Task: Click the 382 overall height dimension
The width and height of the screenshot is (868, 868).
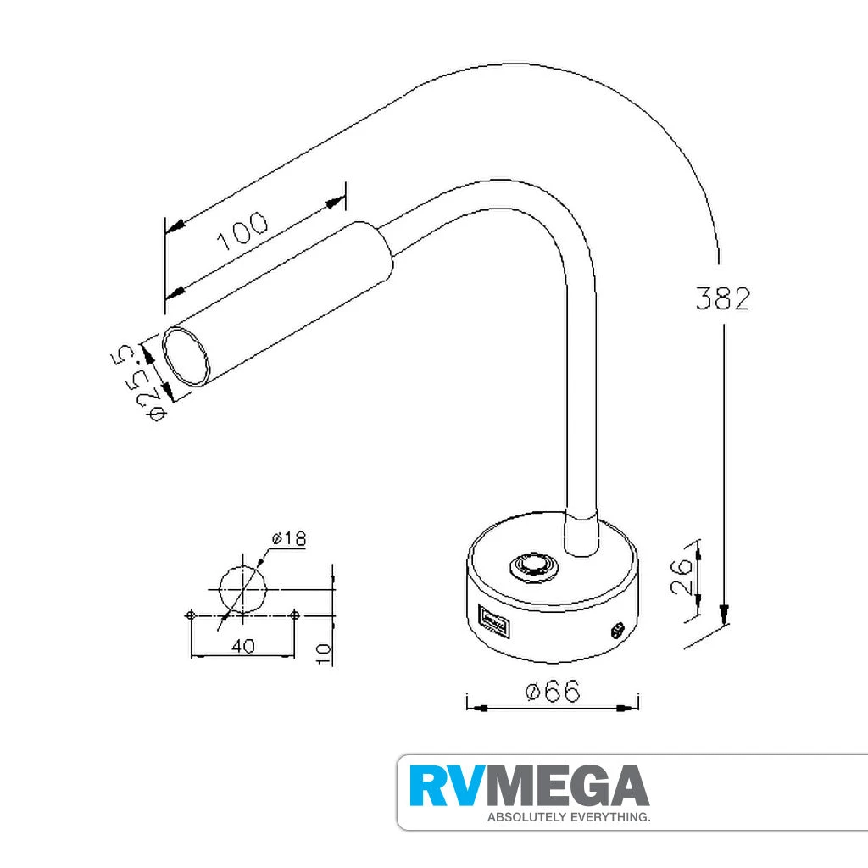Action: (x=722, y=298)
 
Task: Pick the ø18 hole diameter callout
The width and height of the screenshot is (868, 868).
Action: (x=288, y=539)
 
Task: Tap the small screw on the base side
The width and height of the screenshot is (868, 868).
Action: (x=617, y=630)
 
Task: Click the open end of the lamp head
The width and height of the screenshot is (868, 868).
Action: (x=186, y=356)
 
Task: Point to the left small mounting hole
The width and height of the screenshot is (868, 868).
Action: (x=192, y=614)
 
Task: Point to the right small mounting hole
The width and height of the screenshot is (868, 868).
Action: (x=294, y=614)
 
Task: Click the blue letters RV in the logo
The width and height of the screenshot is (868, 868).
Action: (x=448, y=786)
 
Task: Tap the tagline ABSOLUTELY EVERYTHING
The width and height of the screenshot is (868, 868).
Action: (x=567, y=818)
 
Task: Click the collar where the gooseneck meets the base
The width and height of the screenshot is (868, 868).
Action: (x=582, y=536)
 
